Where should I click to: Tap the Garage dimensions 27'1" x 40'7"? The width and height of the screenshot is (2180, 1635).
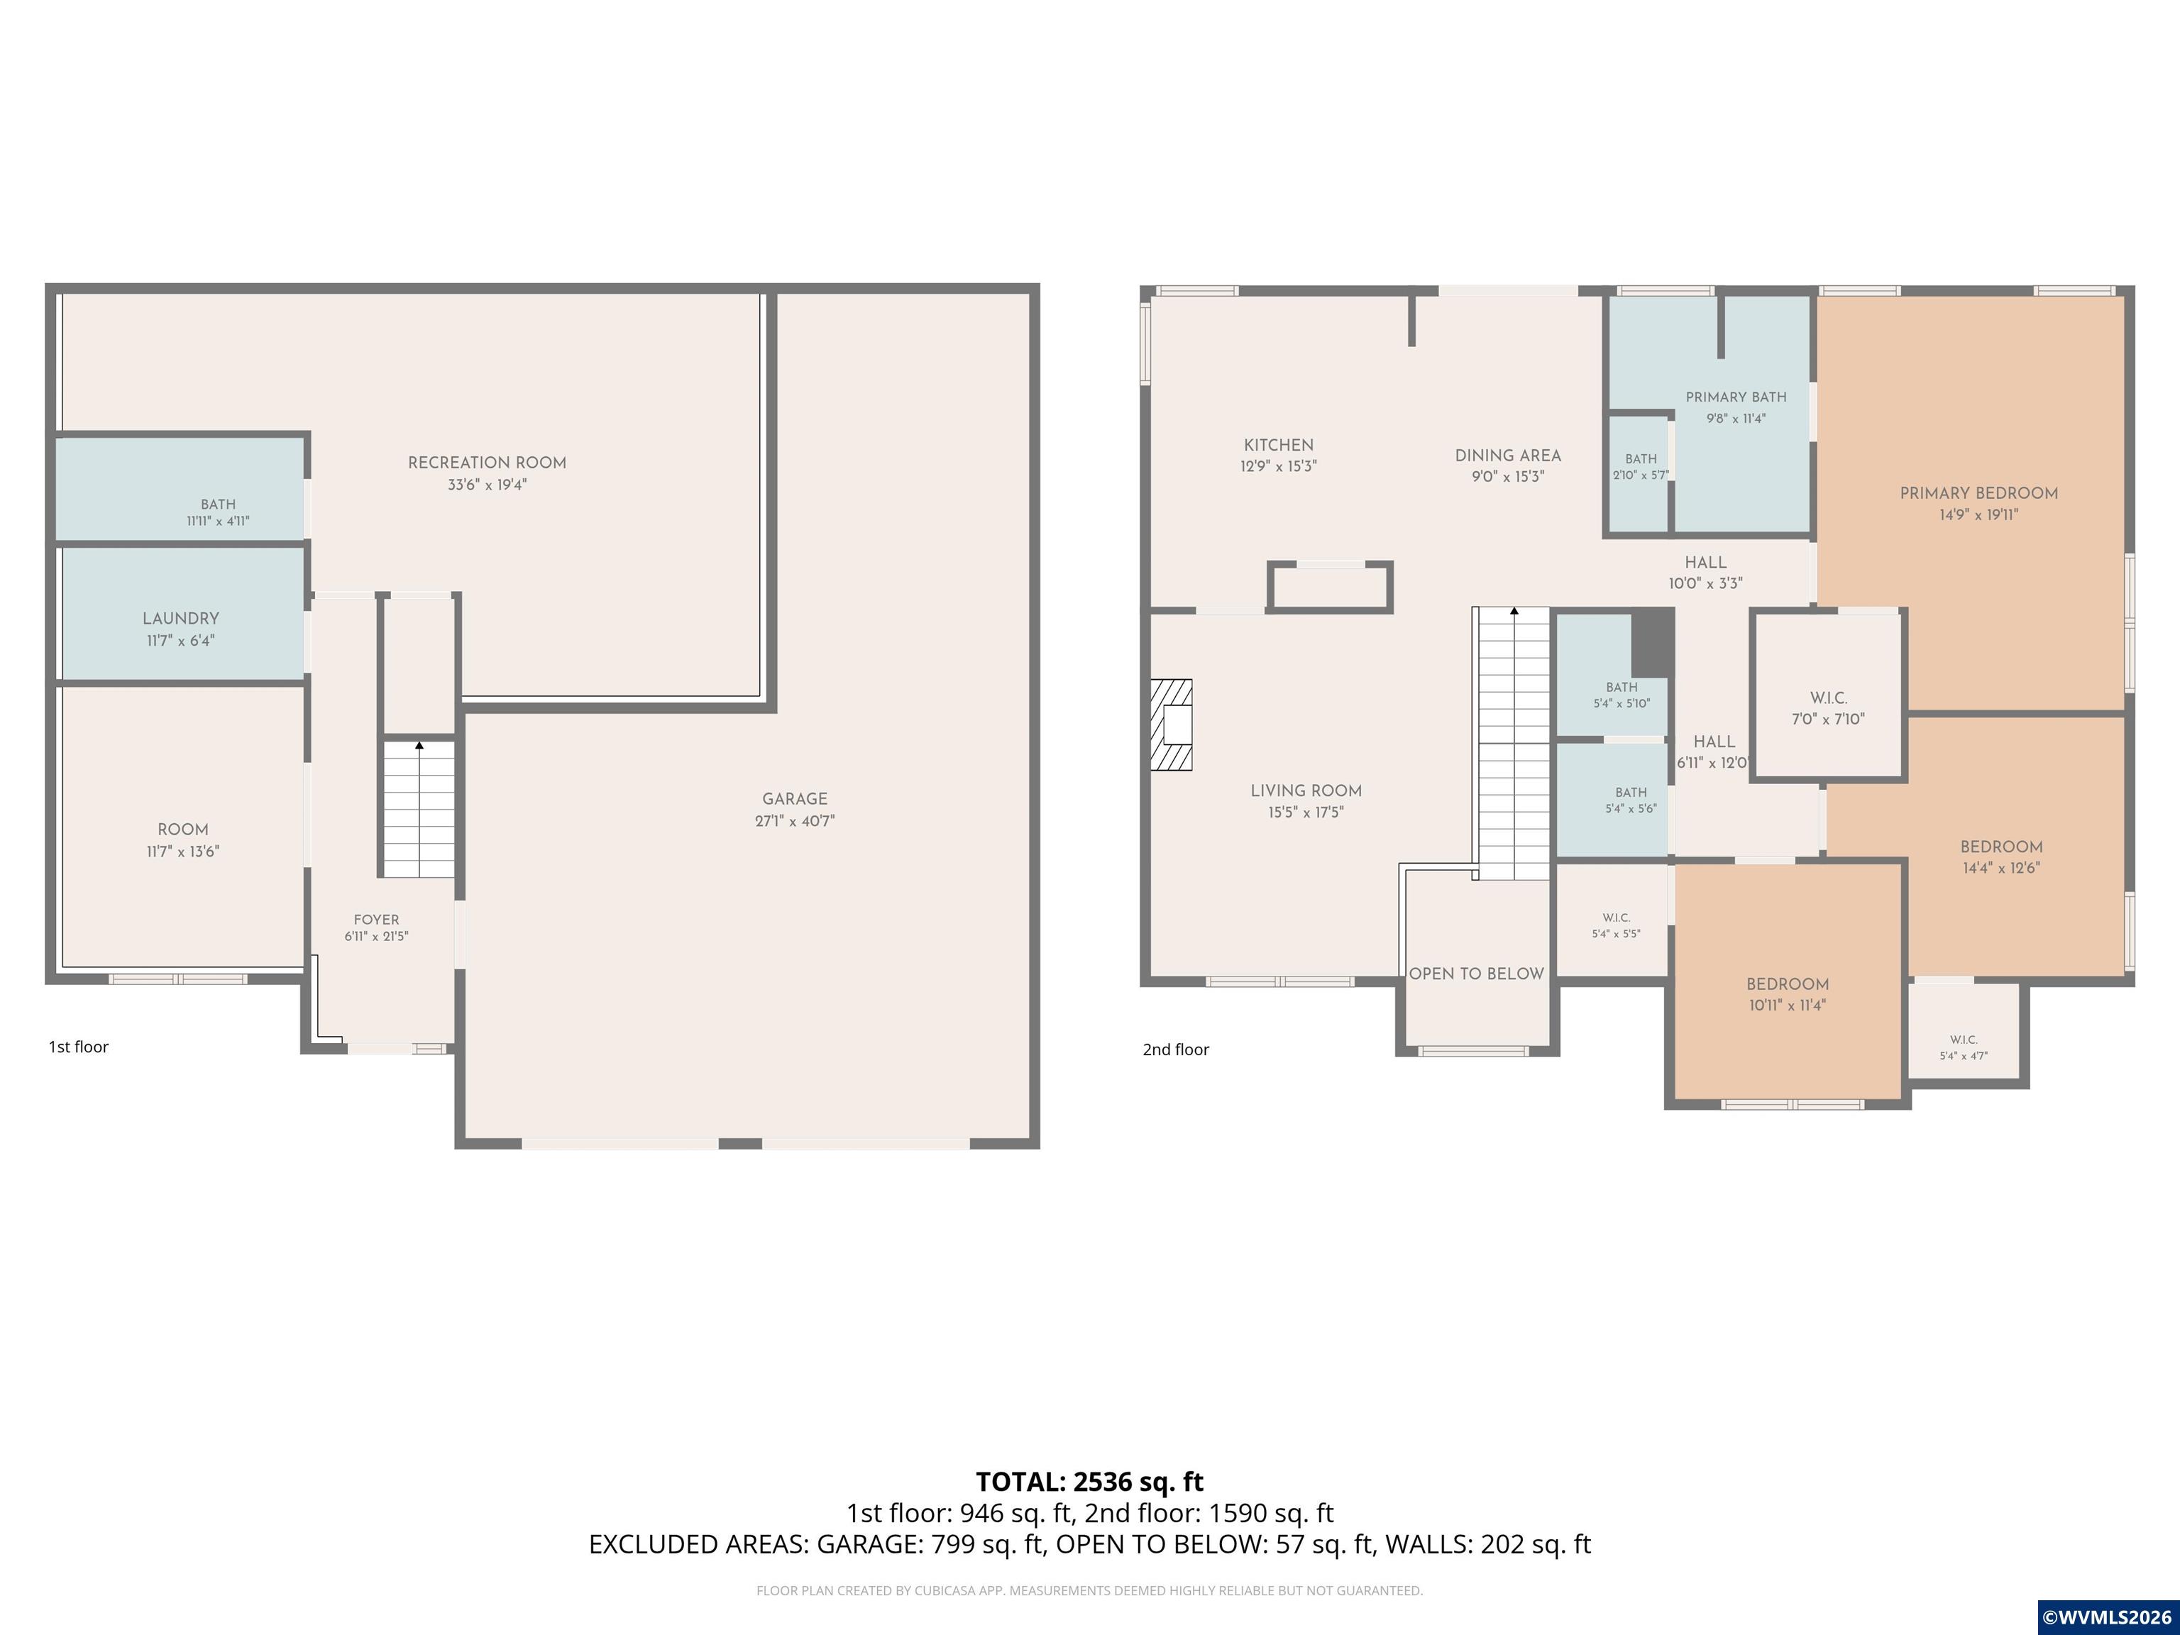click(x=794, y=821)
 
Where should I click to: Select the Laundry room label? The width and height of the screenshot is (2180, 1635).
click(x=180, y=619)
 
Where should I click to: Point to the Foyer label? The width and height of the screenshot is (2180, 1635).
click(x=377, y=920)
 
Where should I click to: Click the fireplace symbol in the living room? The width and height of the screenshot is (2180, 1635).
click(x=1171, y=725)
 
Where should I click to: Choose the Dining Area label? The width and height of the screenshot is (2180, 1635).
click(x=1508, y=456)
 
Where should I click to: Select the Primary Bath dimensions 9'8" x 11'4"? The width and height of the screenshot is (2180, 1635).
click(x=1736, y=418)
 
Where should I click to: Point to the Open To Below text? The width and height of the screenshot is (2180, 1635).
click(x=1476, y=974)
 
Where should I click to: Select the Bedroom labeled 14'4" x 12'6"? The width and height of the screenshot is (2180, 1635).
click(x=2000, y=847)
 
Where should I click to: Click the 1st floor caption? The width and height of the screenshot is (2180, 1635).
click(x=79, y=1047)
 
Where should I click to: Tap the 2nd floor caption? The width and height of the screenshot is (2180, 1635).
click(x=1176, y=1050)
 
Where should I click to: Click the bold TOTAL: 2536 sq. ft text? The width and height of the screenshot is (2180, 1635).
click(x=1090, y=1482)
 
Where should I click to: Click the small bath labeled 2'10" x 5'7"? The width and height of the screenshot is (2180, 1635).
click(x=1641, y=474)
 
